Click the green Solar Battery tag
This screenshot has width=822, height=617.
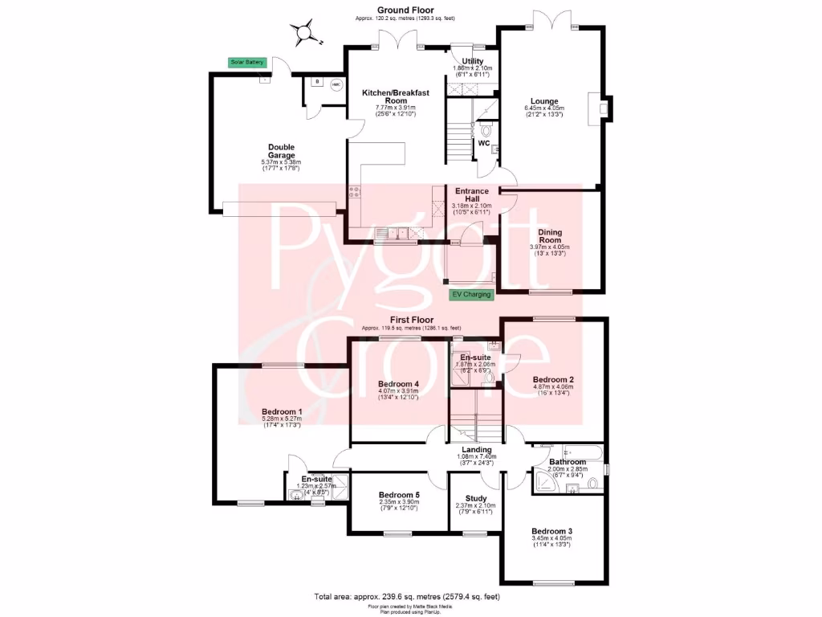(247, 62)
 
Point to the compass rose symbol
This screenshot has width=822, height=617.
(303, 33)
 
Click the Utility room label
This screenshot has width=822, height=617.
(472, 61)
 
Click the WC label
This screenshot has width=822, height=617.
(484, 143)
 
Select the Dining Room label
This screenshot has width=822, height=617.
(550, 237)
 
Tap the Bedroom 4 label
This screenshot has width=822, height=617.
(398, 384)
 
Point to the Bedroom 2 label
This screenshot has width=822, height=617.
(552, 379)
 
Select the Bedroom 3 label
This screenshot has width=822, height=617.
(551, 531)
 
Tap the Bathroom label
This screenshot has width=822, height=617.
(567, 462)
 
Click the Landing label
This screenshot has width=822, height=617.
(476, 450)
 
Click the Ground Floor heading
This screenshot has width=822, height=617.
(411, 10)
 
